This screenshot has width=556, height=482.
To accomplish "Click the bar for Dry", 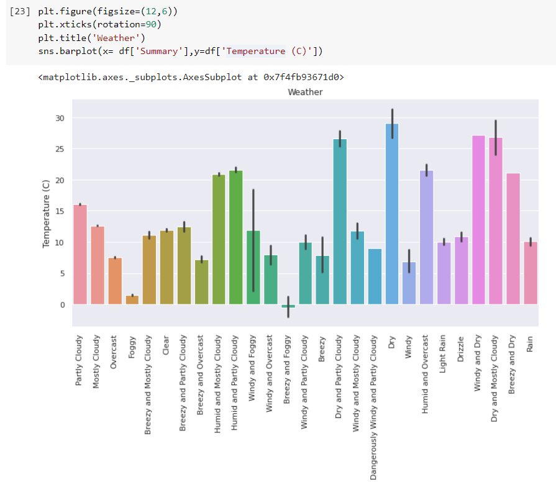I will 391,214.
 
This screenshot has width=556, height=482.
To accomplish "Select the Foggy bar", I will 132,300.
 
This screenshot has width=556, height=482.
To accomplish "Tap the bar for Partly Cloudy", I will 80,255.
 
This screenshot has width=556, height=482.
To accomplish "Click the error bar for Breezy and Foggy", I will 288,307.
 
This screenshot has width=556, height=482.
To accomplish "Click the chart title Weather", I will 305,92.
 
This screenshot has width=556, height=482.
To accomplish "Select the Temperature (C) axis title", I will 46,214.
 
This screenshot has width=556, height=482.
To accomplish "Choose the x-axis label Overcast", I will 114,352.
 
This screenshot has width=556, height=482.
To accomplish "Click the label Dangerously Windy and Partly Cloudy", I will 374,407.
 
